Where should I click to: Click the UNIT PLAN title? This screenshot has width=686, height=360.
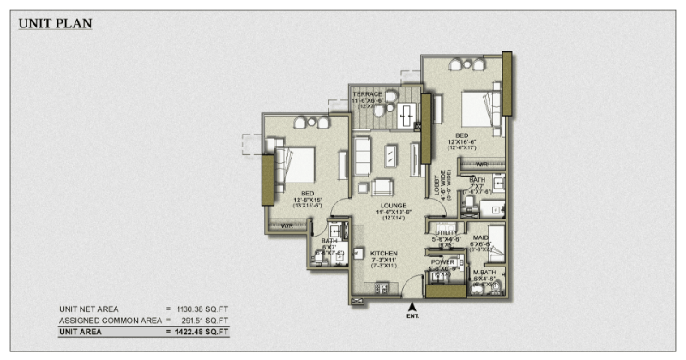pos(55,23)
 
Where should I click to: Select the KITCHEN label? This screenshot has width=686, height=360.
pos(384,254)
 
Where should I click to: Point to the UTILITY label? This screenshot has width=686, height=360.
pos(446,232)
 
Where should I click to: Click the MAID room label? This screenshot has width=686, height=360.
pos(480,237)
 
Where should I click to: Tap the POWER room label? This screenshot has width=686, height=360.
pos(442,262)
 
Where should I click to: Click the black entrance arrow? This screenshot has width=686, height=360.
pos(412,305)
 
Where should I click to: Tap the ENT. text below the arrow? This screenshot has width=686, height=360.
pos(412,317)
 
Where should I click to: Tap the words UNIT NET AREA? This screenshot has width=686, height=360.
pos(89,309)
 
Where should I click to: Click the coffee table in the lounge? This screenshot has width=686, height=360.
pos(391,155)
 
